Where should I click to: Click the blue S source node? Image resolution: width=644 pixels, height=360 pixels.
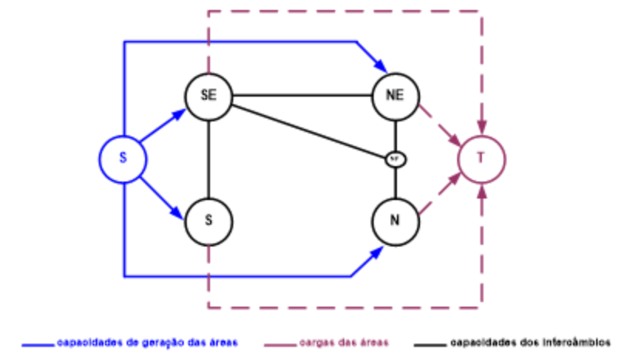click(x=123, y=159)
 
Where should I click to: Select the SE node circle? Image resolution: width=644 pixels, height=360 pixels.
click(x=208, y=96)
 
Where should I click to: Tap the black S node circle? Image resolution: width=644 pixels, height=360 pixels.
click(x=208, y=220)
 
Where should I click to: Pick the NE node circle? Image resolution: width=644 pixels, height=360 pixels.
click(x=395, y=96)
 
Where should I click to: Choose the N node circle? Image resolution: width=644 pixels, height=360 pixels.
click(x=395, y=220)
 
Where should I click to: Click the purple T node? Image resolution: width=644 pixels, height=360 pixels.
click(x=482, y=159)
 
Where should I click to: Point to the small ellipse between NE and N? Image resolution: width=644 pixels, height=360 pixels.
click(x=395, y=159)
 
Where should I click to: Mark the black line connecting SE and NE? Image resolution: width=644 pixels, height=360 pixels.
click(x=301, y=97)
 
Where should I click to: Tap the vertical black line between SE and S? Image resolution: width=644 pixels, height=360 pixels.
click(x=208, y=158)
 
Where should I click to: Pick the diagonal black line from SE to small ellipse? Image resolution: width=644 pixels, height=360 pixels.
click(x=309, y=128)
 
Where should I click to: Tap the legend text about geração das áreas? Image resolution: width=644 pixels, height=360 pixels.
click(x=147, y=341)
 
